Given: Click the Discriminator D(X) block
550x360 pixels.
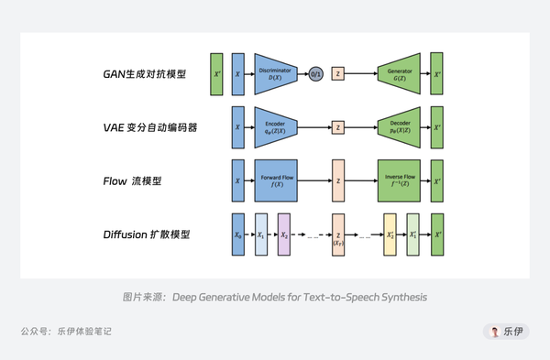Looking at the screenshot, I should pyautogui.click(x=281, y=74).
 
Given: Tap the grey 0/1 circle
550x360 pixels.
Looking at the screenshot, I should pyautogui.click(x=316, y=74).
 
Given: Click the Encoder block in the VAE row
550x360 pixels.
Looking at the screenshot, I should pyautogui.click(x=276, y=127).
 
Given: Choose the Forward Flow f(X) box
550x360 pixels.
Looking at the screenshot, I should pyautogui.click(x=276, y=180).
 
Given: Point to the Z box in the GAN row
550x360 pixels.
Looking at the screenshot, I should pyautogui.click(x=337, y=74).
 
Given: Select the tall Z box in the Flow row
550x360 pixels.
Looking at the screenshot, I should pyautogui.click(x=337, y=180).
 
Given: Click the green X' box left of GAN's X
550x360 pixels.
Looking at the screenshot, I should pyautogui.click(x=216, y=74).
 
